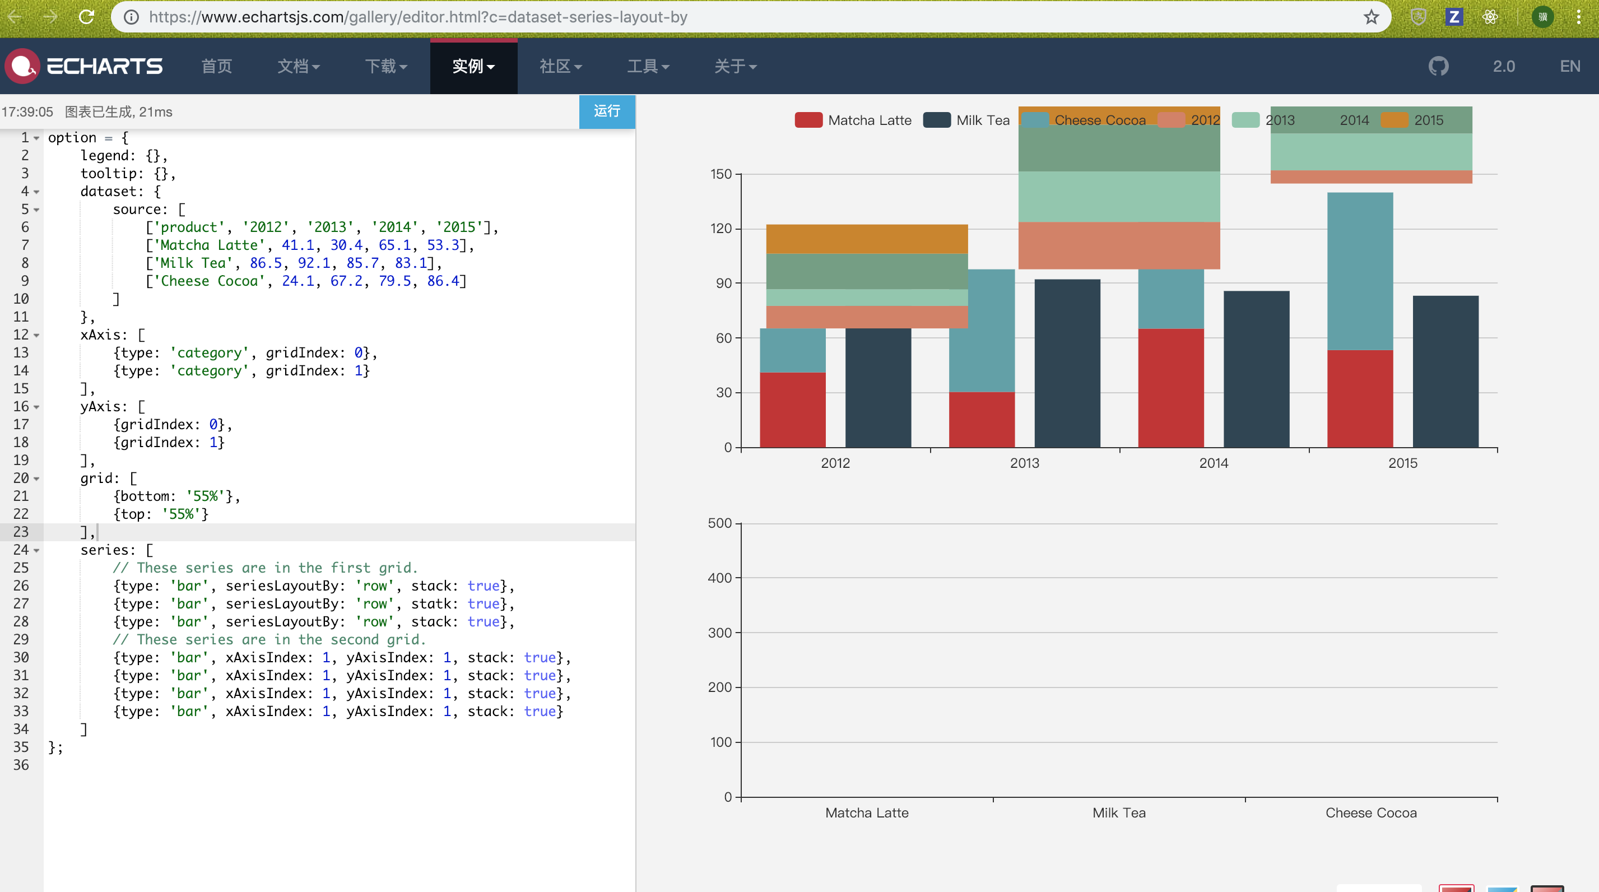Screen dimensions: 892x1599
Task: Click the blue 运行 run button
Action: click(x=606, y=111)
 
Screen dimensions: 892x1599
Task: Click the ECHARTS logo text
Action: click(x=104, y=66)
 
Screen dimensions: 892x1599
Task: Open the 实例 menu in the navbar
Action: click(x=473, y=66)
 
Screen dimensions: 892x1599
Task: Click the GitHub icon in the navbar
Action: click(x=1438, y=66)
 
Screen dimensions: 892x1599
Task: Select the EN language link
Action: click(x=1570, y=66)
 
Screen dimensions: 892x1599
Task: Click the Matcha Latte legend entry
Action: click(x=853, y=120)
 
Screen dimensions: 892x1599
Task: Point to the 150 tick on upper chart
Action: click(x=721, y=174)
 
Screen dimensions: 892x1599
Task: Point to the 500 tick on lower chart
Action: click(x=720, y=523)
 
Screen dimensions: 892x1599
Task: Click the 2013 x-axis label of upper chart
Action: click(x=1024, y=463)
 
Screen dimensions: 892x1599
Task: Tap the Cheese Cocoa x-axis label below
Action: click(x=1370, y=812)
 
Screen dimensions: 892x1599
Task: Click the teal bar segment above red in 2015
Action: click(x=1359, y=271)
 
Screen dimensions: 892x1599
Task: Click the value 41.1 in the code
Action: click(x=298, y=245)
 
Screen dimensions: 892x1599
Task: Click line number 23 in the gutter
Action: click(x=21, y=532)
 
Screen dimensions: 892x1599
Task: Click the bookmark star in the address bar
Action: click(x=1370, y=17)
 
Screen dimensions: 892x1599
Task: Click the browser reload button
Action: click(x=86, y=17)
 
